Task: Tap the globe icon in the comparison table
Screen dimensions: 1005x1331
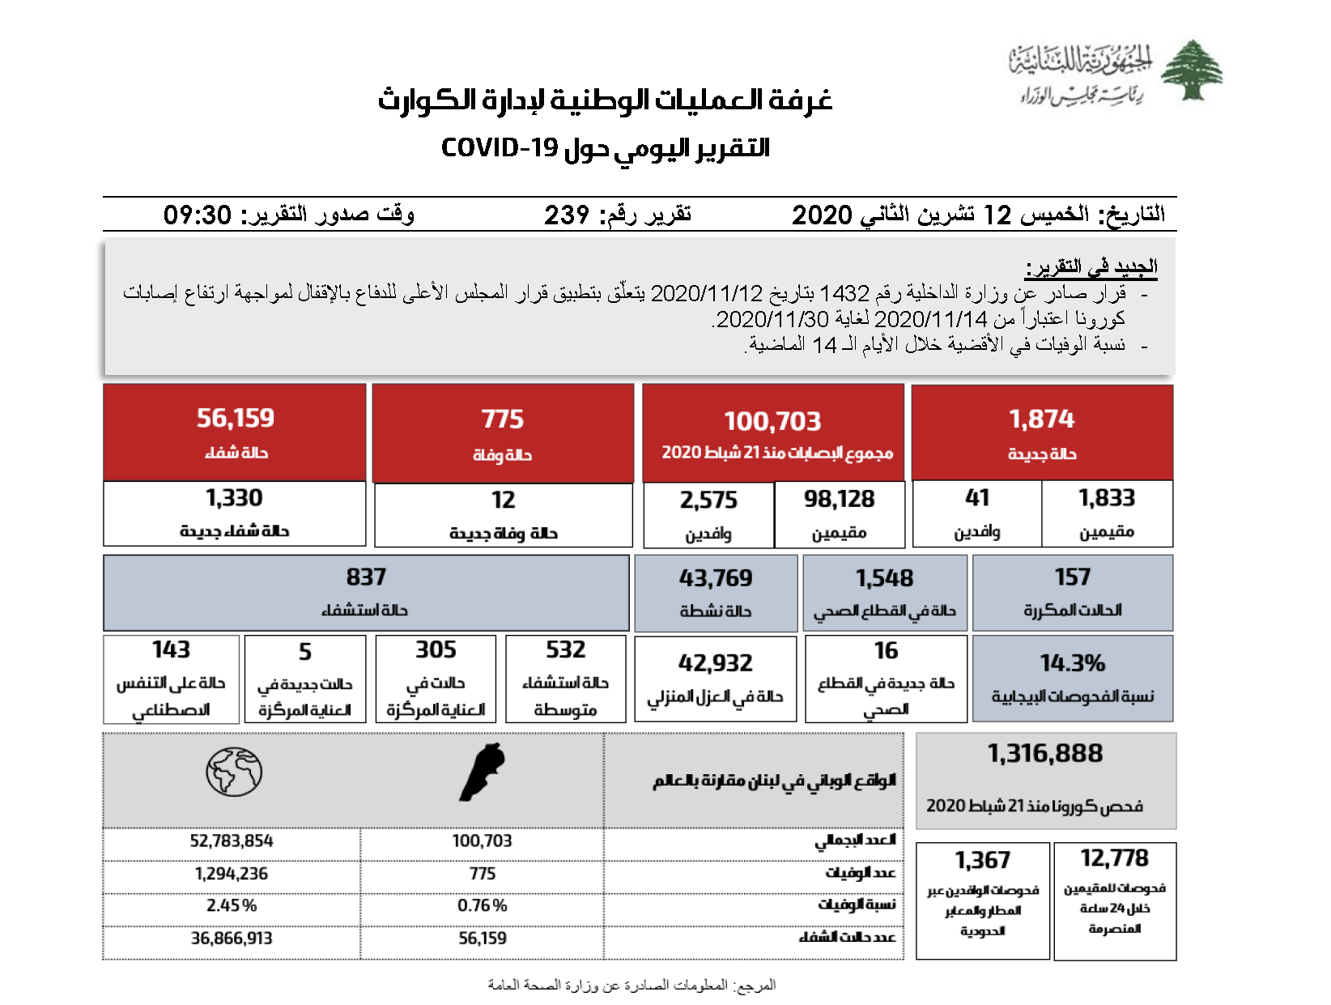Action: [234, 771]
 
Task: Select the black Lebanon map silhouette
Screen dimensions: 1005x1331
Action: [483, 772]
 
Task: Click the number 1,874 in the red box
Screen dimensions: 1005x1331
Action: [1041, 419]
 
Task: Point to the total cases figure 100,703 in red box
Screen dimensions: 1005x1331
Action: [772, 421]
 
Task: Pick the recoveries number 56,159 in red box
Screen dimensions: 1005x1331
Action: [236, 418]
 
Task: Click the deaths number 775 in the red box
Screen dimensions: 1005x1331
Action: [502, 419]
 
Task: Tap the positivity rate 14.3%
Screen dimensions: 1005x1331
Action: [1072, 663]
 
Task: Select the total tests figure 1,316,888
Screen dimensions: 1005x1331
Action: [1044, 753]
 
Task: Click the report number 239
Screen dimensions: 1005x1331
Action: [566, 215]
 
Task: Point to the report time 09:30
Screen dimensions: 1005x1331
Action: [198, 215]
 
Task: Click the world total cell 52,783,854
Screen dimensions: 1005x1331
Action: [232, 841]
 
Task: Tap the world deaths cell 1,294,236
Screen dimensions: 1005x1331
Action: [232, 874]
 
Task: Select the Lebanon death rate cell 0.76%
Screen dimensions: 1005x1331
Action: [482, 905]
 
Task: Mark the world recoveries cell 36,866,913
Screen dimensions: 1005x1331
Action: [232, 938]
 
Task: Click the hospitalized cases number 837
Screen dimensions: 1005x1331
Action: [366, 577]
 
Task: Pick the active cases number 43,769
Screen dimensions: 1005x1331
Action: [716, 577]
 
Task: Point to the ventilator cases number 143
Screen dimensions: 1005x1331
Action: [171, 649]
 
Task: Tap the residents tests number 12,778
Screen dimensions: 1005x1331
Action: [1114, 858]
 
